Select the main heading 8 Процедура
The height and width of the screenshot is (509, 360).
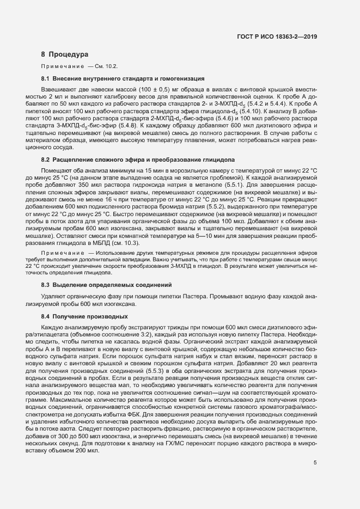(64, 54)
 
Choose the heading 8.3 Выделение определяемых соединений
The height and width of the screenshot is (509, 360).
(107, 285)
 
